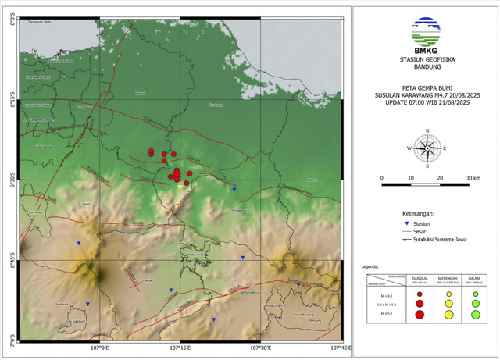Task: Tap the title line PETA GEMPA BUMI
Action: click(427, 87)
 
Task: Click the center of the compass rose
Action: click(427, 148)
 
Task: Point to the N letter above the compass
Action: click(427, 130)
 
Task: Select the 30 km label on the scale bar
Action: click(473, 178)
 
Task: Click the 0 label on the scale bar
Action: click(382, 178)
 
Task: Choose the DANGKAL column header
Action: click(420, 278)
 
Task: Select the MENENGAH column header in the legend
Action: click(448, 278)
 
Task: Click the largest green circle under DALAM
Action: click(475, 314)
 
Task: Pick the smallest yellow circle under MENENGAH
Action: click(448, 294)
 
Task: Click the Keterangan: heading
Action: click(385, 212)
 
